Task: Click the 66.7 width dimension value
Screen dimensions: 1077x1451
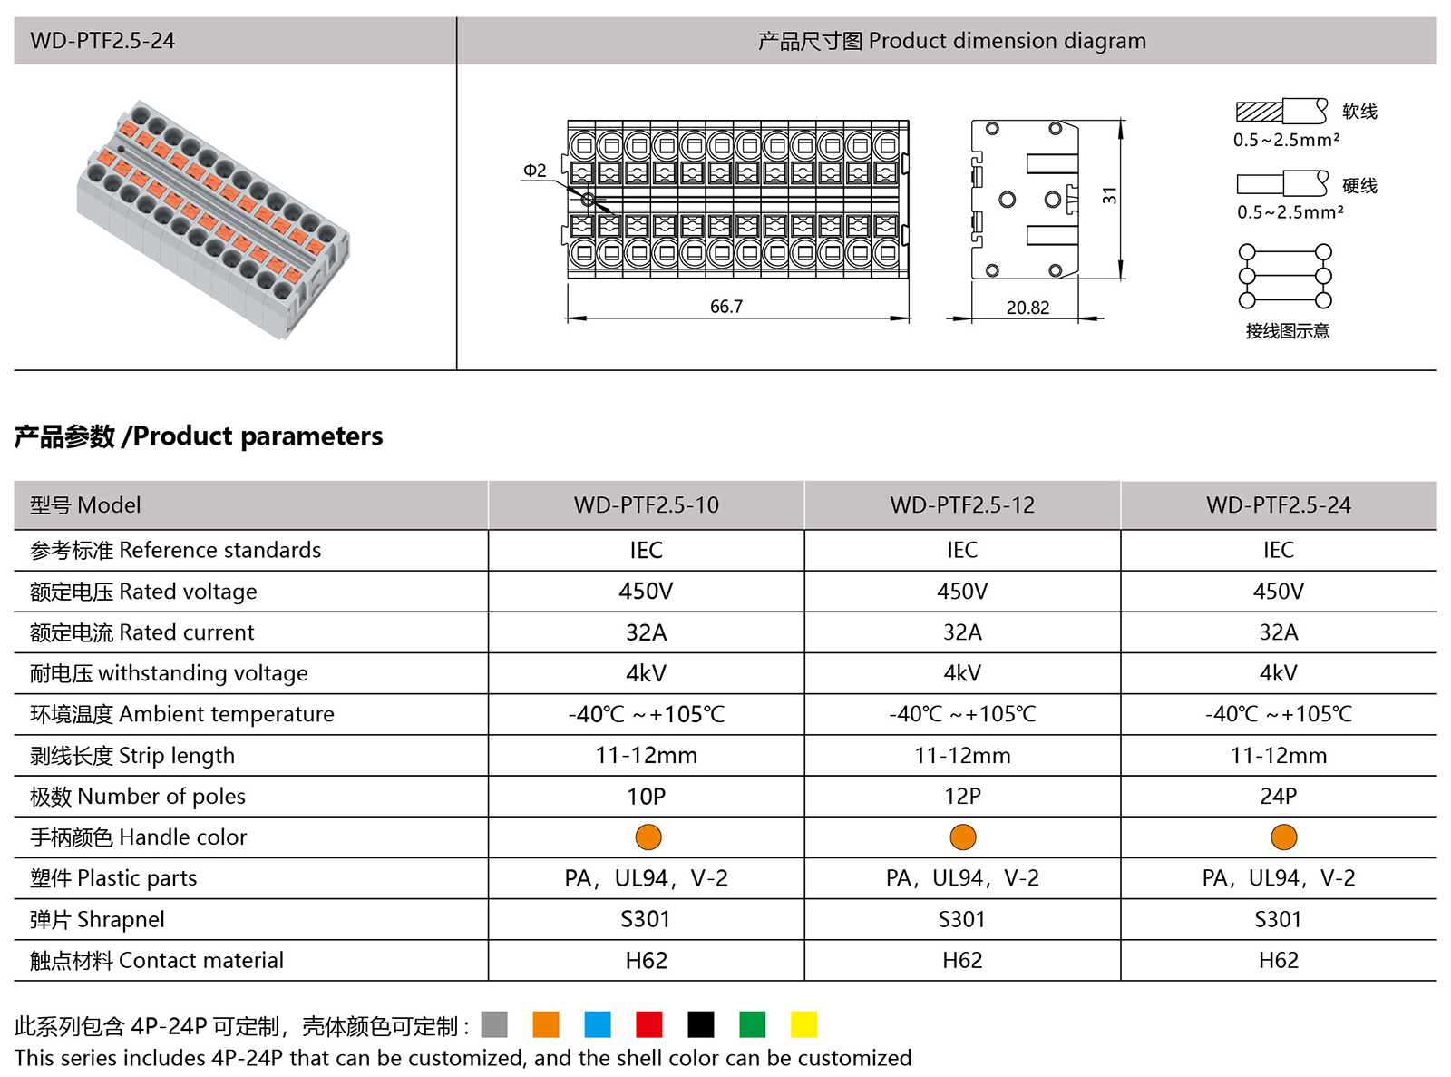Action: click(x=726, y=307)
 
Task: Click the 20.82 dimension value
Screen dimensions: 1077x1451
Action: click(x=1027, y=308)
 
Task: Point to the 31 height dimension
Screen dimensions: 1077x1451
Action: click(x=1110, y=195)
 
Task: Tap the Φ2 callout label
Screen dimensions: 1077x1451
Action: click(x=535, y=171)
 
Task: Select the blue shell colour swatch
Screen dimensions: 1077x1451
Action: click(x=598, y=1024)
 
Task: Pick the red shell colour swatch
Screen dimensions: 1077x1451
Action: click(x=649, y=1024)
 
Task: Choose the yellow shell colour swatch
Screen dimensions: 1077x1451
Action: click(x=803, y=1024)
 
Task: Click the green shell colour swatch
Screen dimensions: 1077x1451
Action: click(x=753, y=1024)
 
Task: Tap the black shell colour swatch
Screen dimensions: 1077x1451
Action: click(x=701, y=1024)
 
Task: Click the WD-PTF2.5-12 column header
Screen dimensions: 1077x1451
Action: click(x=962, y=505)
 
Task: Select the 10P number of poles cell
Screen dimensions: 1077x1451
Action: click(x=646, y=797)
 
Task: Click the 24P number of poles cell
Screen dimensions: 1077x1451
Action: click(x=1279, y=797)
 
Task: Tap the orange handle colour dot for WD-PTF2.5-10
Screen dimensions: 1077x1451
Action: click(x=648, y=837)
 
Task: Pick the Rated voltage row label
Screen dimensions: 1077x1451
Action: click(x=143, y=592)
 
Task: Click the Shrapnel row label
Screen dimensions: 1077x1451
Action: click(x=97, y=920)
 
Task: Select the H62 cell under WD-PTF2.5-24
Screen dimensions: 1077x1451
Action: click(x=1279, y=961)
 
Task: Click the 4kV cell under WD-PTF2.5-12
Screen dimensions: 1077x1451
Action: click(x=962, y=673)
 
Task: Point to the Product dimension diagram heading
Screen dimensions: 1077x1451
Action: click(x=951, y=41)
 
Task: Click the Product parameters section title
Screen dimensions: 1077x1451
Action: click(x=199, y=436)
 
